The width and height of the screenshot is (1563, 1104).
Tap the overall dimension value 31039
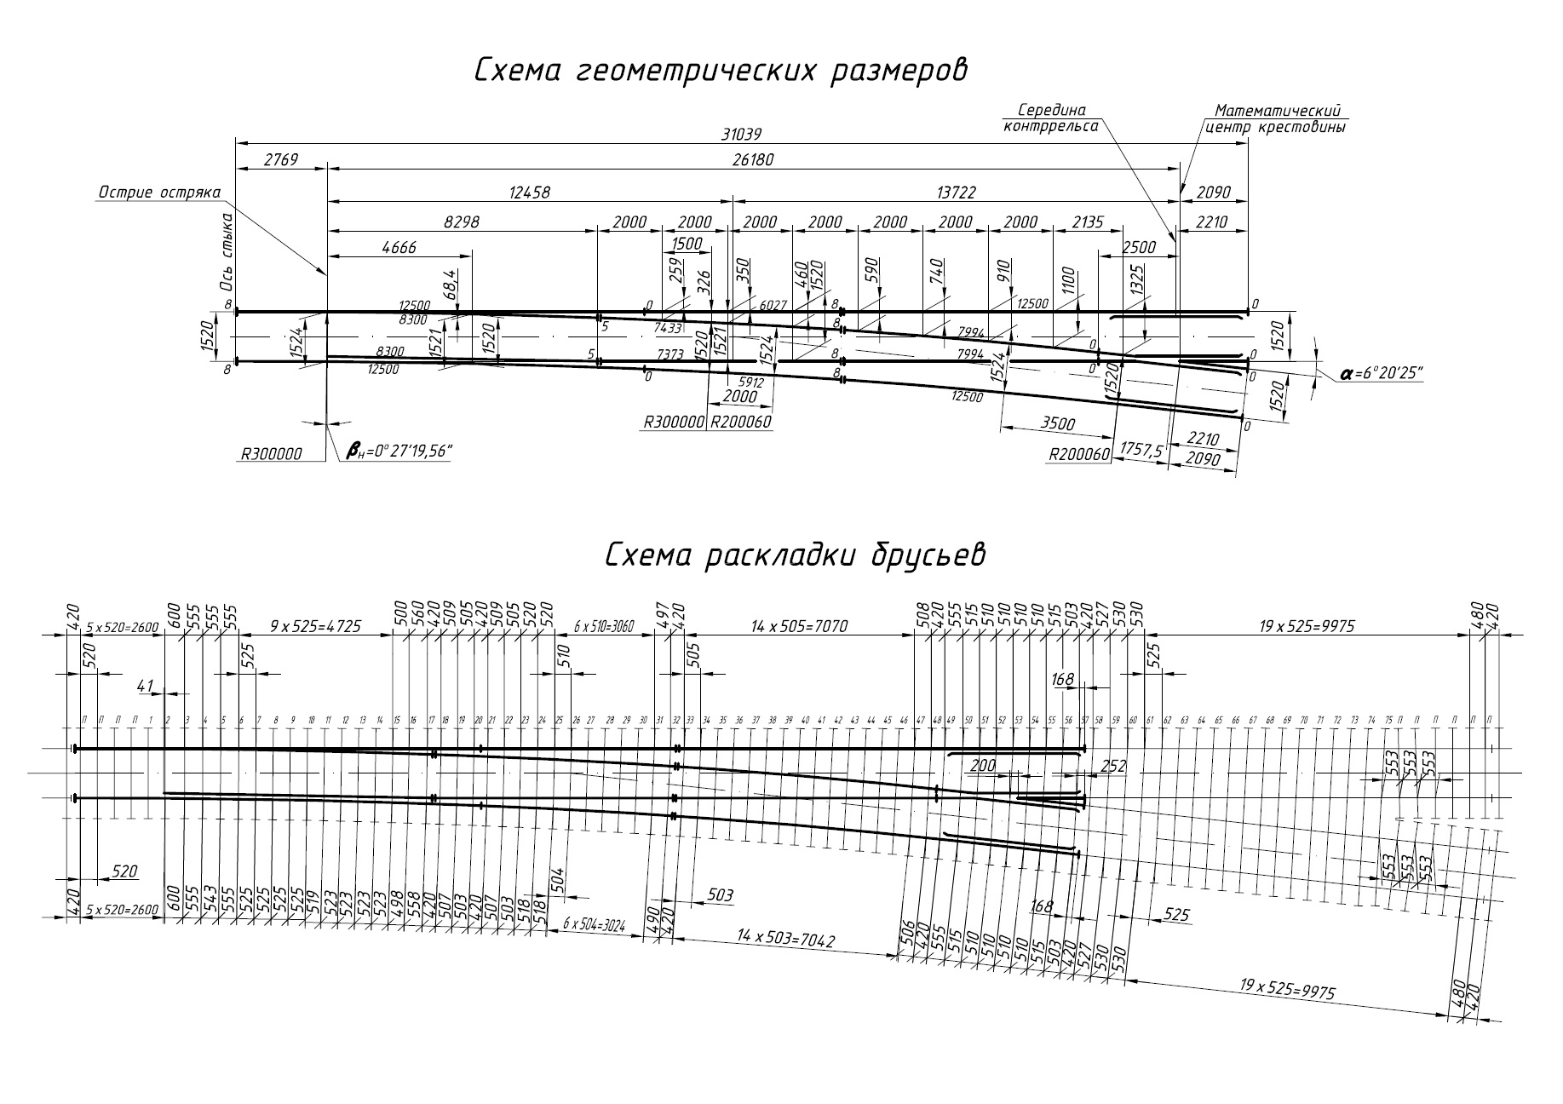click(740, 134)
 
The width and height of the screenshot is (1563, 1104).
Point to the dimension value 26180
click(752, 160)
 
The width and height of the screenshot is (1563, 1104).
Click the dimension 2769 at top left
click(280, 160)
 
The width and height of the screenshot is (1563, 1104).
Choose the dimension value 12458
click(530, 193)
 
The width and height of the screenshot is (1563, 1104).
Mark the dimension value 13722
click(956, 193)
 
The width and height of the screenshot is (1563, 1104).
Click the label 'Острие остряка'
click(159, 193)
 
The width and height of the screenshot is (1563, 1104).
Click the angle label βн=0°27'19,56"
click(399, 451)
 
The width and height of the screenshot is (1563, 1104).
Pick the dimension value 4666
click(399, 247)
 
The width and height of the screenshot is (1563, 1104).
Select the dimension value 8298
click(462, 221)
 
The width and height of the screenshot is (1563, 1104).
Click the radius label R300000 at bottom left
click(271, 454)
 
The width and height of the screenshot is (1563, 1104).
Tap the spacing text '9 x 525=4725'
click(315, 627)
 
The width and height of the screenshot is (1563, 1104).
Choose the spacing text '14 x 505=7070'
click(799, 627)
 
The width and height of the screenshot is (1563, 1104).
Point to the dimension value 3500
click(1058, 423)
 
